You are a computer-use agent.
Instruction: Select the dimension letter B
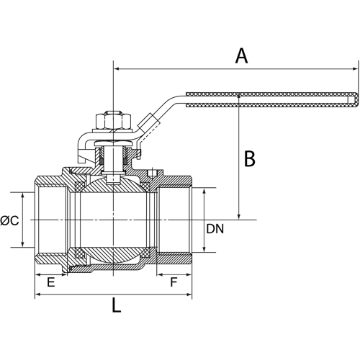pyautogui.click(x=249, y=158)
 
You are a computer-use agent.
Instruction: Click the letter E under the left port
pyautogui.click(x=50, y=284)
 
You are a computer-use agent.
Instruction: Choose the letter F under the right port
pyautogui.click(x=173, y=284)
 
